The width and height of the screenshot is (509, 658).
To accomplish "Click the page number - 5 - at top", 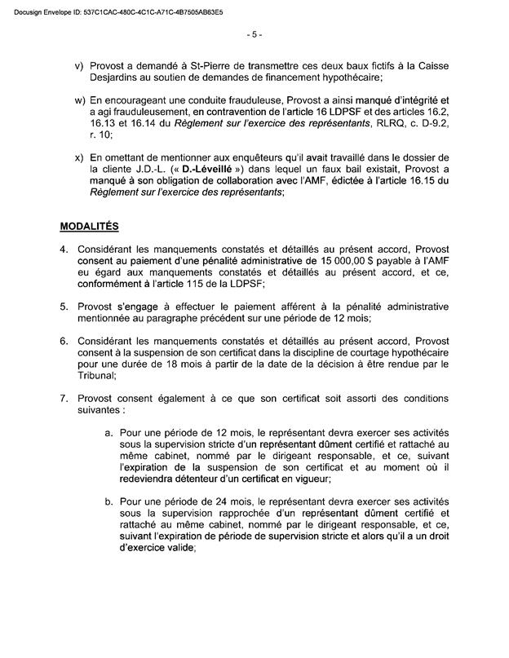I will [x=254, y=34].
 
